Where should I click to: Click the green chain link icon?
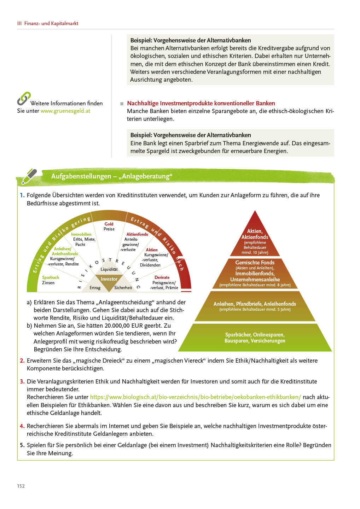pos(24,99)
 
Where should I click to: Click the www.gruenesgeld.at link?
pos(65,111)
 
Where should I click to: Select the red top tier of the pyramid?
pos(255,239)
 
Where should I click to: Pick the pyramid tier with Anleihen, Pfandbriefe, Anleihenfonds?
pos(255,306)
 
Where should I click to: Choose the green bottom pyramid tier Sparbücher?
pos(255,338)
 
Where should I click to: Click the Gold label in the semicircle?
pos(109,224)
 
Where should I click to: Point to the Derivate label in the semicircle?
pos(162,277)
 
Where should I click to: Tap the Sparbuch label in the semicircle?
pos(51,277)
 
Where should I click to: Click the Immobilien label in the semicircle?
pos(81,234)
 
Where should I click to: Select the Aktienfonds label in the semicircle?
pos(137,234)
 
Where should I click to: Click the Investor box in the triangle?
pos(109,279)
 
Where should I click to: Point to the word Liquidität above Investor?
pos(109,269)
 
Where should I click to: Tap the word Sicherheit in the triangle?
pos(123,288)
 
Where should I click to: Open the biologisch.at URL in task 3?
pos(195,397)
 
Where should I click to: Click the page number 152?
pos(21,486)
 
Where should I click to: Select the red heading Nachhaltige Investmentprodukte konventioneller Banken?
pos(201,103)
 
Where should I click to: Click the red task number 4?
pos(22,426)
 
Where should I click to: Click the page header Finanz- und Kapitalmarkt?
pos(51,23)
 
